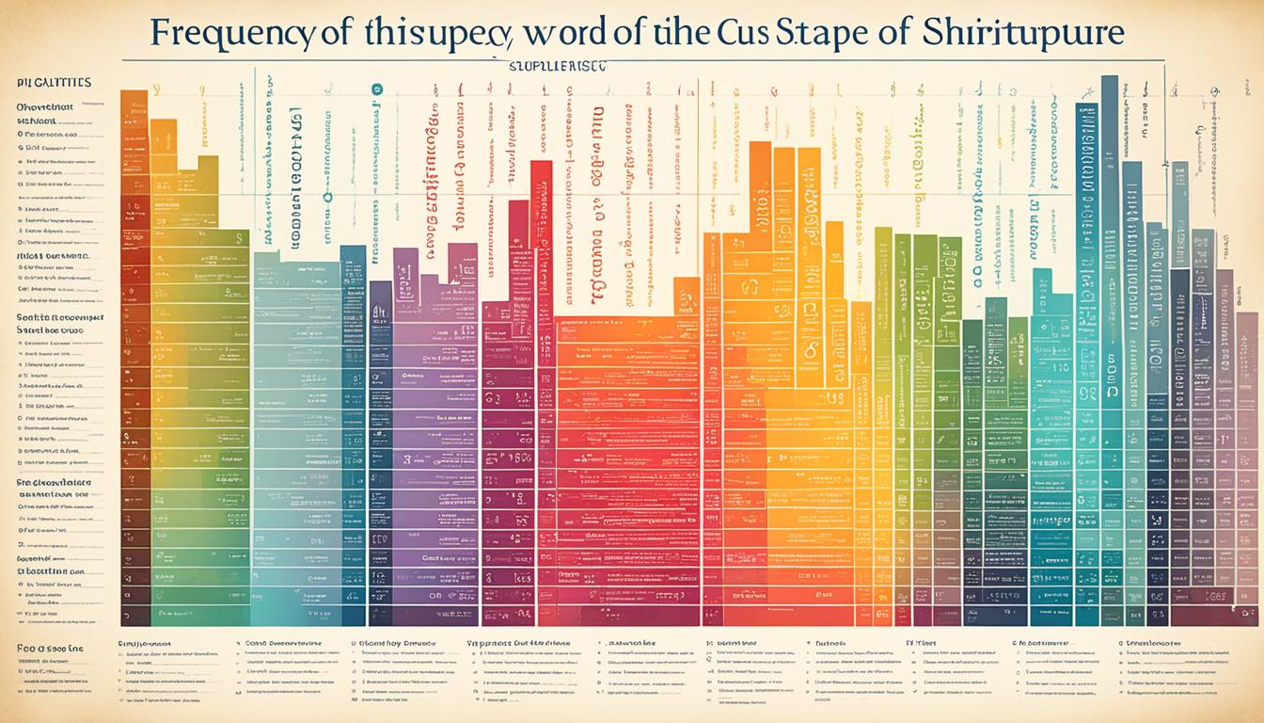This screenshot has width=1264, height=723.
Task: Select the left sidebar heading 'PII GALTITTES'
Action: pos(54,83)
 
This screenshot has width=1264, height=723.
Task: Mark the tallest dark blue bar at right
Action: pos(1109,282)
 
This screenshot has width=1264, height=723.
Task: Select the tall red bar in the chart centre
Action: pos(540,282)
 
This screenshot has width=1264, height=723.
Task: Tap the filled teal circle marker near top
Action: pos(377,88)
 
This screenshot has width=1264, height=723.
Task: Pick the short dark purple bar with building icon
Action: pos(381,311)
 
